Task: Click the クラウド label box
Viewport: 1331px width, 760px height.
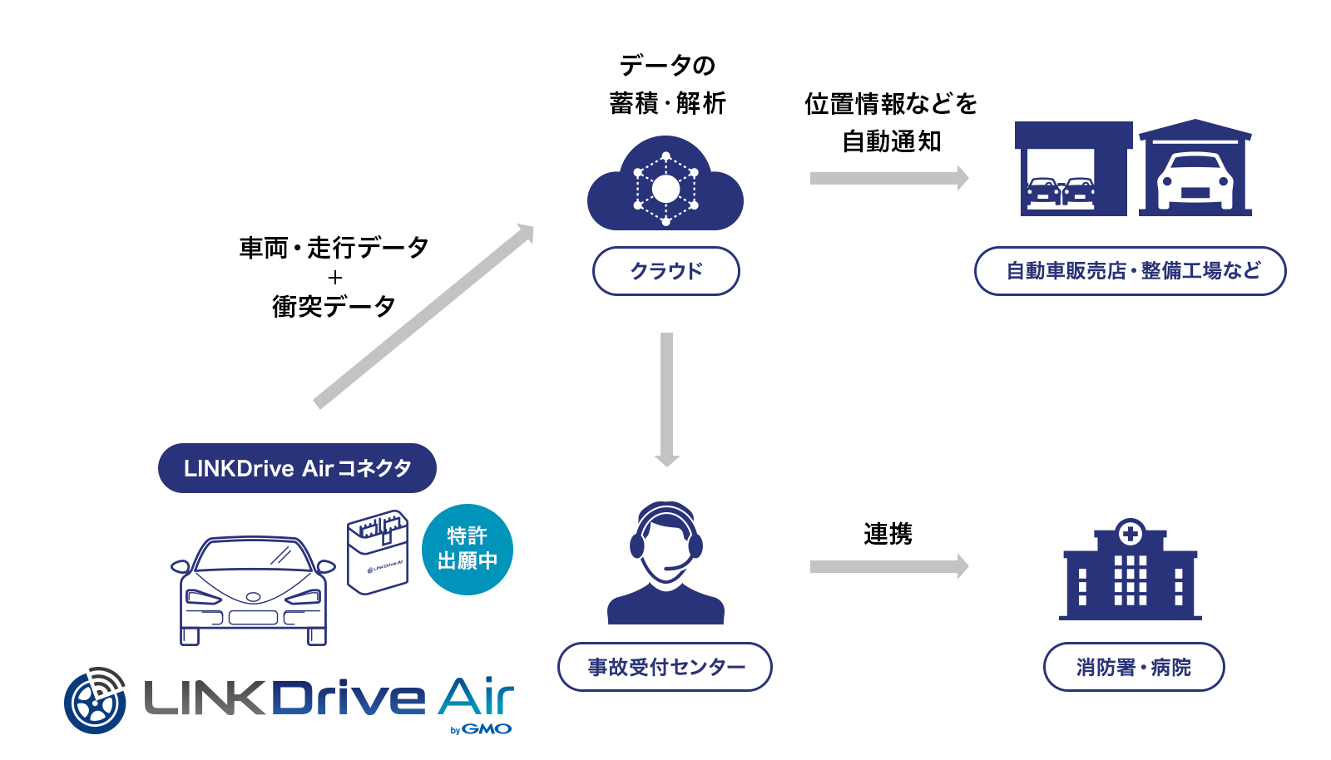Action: tap(666, 271)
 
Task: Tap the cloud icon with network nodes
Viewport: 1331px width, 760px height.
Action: tap(665, 183)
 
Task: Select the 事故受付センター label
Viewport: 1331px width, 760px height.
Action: tap(665, 667)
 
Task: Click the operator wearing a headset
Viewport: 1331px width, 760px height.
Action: tap(665, 563)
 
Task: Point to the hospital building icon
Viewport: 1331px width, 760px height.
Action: tap(1131, 570)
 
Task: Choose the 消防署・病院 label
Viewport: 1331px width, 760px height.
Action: tap(1134, 667)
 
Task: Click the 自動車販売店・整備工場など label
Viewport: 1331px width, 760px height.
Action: tap(1131, 271)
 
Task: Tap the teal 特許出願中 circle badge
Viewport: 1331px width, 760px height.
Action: tap(467, 550)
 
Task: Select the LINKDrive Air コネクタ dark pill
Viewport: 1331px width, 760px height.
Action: tap(297, 468)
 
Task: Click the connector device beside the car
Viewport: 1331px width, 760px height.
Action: tap(378, 551)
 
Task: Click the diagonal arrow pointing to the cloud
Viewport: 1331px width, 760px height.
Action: tap(424, 316)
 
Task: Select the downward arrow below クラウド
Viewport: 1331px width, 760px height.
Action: tap(666, 400)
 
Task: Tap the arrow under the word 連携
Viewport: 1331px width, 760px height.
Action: tap(889, 566)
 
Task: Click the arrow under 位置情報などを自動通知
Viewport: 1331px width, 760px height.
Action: tap(889, 178)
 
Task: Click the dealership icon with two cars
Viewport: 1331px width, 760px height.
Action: tap(1073, 169)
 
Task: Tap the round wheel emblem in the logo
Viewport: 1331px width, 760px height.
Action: tap(95, 701)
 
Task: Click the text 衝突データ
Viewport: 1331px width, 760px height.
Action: tap(334, 307)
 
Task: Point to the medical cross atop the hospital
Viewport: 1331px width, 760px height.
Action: tap(1131, 533)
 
